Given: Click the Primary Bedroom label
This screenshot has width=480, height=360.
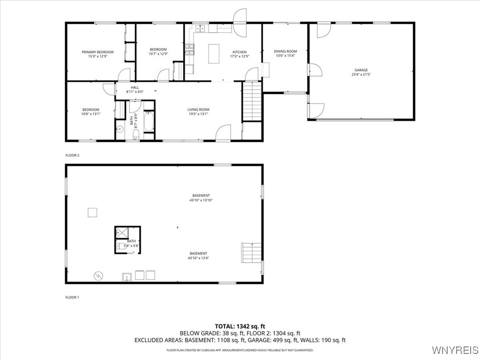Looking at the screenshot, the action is pos(97,52).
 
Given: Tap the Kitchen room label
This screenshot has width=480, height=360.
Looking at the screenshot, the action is pos(240,52).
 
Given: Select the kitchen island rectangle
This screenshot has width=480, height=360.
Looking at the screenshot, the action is pos(214,54).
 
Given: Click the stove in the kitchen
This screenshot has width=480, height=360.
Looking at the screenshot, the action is pos(189,50).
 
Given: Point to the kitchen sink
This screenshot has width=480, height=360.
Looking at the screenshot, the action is pos(201,29).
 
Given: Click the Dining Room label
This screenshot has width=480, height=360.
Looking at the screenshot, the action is pos(285,52).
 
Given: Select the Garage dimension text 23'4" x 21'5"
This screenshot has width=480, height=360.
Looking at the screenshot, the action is pos(361,75).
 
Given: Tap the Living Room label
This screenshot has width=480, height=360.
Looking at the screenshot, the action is pos(198,110).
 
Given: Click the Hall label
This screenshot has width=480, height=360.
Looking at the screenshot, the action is pos(135,88).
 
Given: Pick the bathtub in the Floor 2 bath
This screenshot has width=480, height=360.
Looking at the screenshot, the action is pos(149,121).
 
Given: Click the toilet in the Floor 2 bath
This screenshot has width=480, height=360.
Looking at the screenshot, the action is pos(136,135).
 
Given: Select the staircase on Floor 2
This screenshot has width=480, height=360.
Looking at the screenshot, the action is pos(252,101).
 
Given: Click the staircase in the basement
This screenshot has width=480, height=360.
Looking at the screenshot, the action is pos(251,253).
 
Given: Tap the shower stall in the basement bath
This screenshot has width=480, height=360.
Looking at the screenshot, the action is pos(122,233).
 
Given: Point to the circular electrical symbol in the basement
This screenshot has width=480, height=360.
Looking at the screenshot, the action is pos(98,276).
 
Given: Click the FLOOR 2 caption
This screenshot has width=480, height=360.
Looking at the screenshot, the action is pos(72,155).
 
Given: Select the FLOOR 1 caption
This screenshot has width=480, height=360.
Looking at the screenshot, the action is pos(72,297).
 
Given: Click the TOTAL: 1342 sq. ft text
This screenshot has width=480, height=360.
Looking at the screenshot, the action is pos(240,326).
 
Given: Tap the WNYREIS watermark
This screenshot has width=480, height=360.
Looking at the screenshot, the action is pos(455,350).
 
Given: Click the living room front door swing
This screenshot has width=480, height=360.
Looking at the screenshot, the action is pos(222,132).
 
